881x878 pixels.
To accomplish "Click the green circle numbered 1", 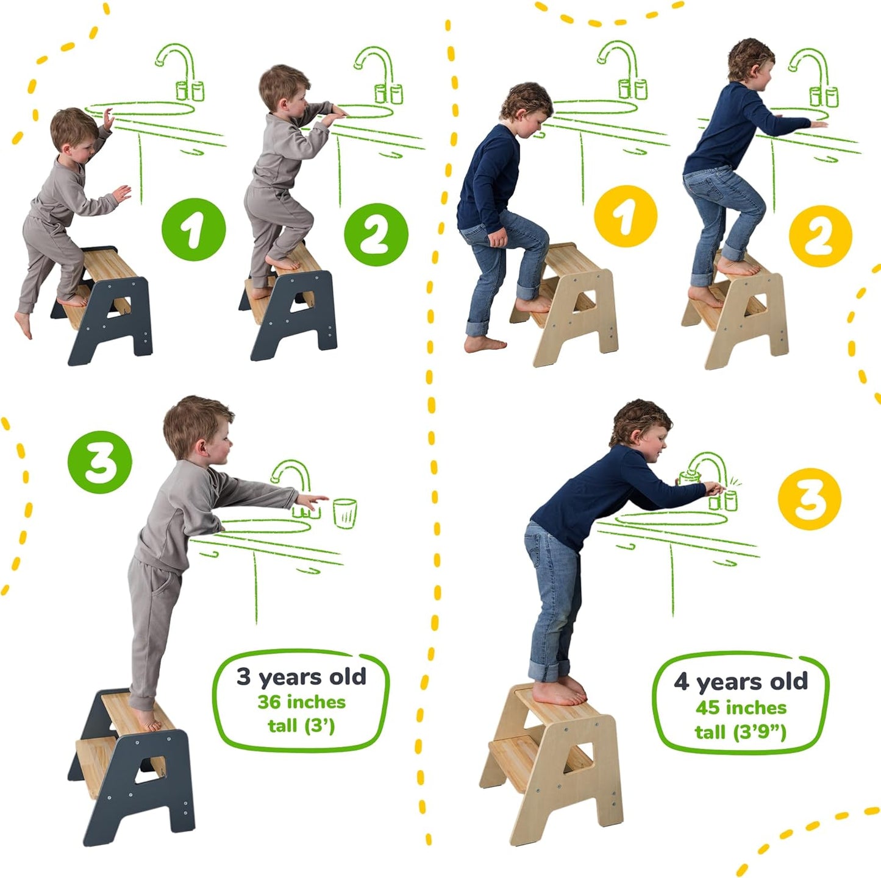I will pos(193,230).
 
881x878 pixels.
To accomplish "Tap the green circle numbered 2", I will pos(376,235).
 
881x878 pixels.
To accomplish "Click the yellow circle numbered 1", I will pos(625,216).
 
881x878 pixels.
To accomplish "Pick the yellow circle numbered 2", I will pos(819,236).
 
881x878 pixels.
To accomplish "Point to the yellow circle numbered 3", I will pos(809,499).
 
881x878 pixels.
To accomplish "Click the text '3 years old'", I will pos(301,677).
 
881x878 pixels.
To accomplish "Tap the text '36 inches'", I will pos(301,702).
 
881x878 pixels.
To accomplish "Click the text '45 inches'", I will pos(740,707).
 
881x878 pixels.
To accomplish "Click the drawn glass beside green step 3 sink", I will pos(344,513).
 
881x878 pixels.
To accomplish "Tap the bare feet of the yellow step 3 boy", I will pos(559,692).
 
